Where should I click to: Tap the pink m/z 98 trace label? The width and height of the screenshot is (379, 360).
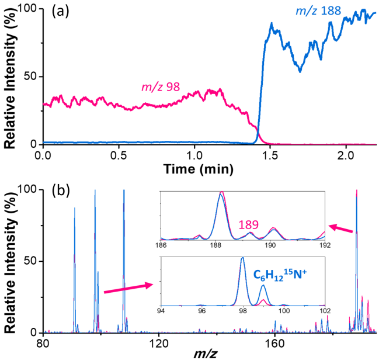click(x=161, y=88)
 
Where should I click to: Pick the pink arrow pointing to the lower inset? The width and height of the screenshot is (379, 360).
click(x=125, y=288)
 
